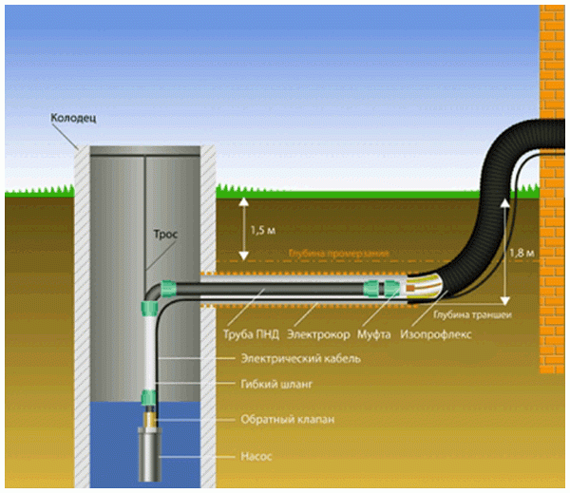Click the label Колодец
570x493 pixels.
click(73, 119)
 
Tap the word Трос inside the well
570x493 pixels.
click(165, 235)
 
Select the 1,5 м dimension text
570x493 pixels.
click(263, 230)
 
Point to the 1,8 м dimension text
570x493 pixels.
click(522, 253)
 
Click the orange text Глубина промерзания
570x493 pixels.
click(339, 254)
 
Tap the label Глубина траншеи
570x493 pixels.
click(472, 314)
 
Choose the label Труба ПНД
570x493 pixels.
click(251, 334)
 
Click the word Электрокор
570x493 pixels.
click(318, 334)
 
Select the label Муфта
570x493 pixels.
click(374, 334)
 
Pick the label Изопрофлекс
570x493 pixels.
click(435, 334)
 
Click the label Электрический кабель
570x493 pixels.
click(300, 359)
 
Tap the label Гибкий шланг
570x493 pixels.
click(276, 385)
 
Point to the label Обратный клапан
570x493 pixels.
click(287, 420)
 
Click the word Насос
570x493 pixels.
click(256, 456)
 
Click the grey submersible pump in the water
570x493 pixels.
click(150, 454)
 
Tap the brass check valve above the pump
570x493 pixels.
click(150, 417)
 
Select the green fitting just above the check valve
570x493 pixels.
click(149, 397)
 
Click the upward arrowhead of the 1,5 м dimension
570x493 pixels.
click(243, 201)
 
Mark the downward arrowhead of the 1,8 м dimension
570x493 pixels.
click(505, 301)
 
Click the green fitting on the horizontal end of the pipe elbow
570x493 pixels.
click(169, 289)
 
